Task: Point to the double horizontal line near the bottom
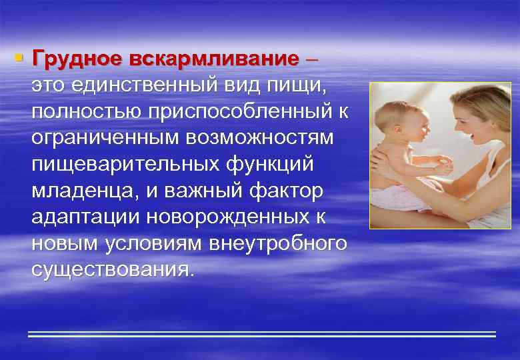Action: tap(262, 334)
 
